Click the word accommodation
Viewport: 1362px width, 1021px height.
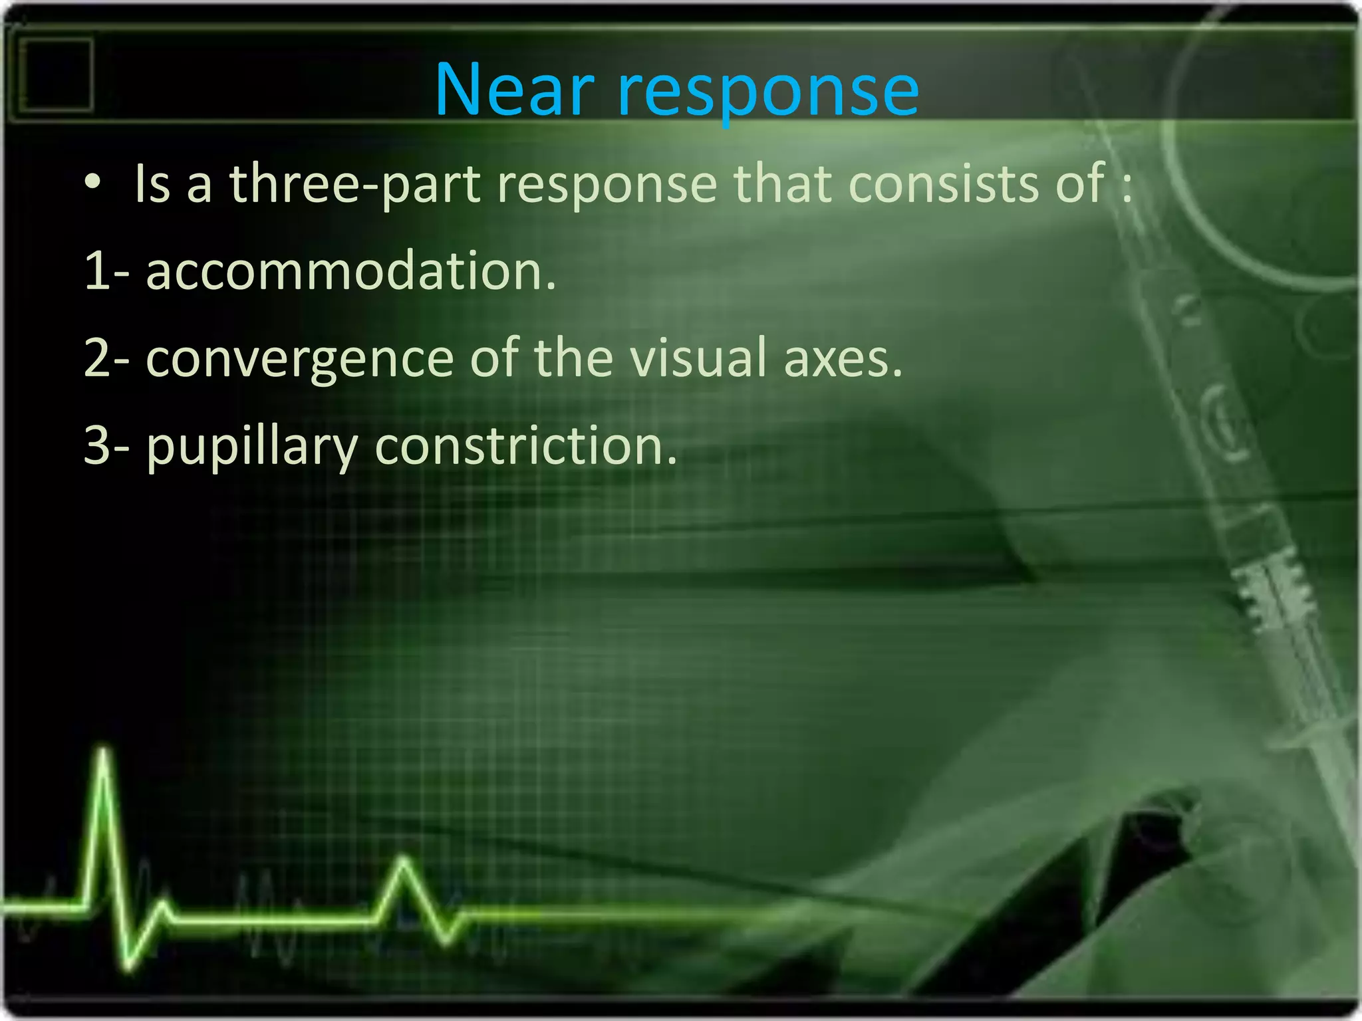tap(350, 271)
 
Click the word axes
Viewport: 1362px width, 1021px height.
tap(843, 359)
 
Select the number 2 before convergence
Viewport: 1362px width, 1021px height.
tap(97, 358)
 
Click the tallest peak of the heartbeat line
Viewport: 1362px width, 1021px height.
tap(104, 751)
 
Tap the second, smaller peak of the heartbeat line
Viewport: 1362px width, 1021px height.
tap(402, 861)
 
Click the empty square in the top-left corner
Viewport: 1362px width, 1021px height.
tap(56, 74)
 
